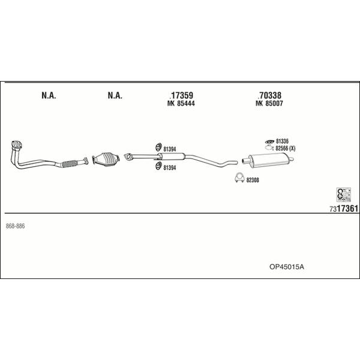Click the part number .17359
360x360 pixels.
pyautogui.click(x=181, y=95)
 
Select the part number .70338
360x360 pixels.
pyautogui.click(x=269, y=95)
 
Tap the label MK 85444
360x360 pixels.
pyautogui.click(x=181, y=104)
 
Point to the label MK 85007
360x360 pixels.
pyautogui.click(x=269, y=104)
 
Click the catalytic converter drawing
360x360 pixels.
pyautogui.click(x=106, y=158)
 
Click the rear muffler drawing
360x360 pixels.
pyautogui.click(x=268, y=160)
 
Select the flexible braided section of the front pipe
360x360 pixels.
pyautogui.click(x=70, y=163)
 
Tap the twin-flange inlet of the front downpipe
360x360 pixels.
pyautogui.click(x=17, y=145)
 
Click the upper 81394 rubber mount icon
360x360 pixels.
pyautogui.click(x=158, y=147)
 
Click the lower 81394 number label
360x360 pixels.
pyautogui.click(x=170, y=168)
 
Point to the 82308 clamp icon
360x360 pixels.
pyautogui.click(x=239, y=178)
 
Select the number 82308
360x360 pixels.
pyautogui.click(x=253, y=180)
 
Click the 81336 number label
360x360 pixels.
pyautogui.click(x=282, y=141)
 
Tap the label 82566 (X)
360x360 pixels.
pyautogui.click(x=286, y=149)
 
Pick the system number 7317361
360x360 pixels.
pyautogui.click(x=344, y=209)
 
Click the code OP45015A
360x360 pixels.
pyautogui.click(x=287, y=267)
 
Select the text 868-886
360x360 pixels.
pyautogui.click(x=15, y=226)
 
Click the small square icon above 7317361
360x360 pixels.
pyautogui.click(x=344, y=194)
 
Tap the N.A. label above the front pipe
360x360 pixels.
pyautogui.click(x=49, y=95)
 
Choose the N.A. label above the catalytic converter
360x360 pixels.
pyautogui.click(x=115, y=95)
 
